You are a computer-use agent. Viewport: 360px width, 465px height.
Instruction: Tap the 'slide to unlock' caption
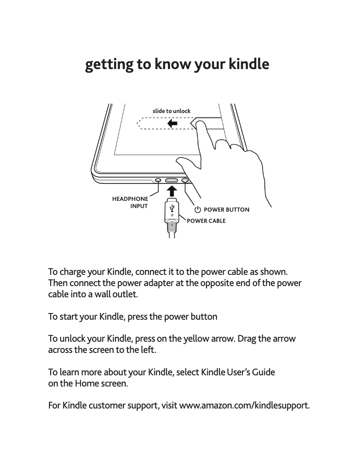point(171,111)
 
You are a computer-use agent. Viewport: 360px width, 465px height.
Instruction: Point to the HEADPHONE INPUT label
point(130,202)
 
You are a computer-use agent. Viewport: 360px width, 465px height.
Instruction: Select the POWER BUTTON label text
point(226,210)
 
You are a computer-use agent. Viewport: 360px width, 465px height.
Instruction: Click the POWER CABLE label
point(206,221)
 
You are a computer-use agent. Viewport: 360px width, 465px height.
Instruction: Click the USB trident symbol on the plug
point(171,208)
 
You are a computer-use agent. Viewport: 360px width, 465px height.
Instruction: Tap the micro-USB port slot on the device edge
point(172,180)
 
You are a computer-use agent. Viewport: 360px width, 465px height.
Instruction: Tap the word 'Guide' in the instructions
point(263,373)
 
